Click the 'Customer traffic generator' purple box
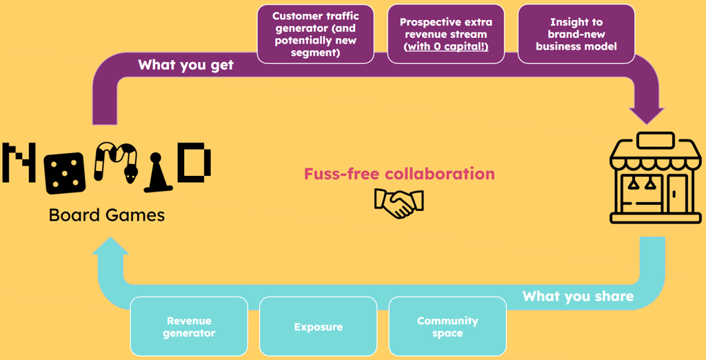point(316,34)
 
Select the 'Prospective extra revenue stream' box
point(445,34)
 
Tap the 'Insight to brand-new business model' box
point(576,34)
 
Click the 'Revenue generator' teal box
point(189,327)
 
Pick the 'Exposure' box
point(318,327)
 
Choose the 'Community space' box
point(447,327)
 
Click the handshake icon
point(399,203)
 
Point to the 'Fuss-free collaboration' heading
point(399,174)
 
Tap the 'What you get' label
point(185,65)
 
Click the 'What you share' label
point(578,297)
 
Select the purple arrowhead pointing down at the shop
point(646,114)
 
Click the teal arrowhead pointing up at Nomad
point(110,248)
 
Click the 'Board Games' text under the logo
point(107,215)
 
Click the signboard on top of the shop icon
point(655,141)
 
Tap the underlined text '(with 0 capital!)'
point(445,46)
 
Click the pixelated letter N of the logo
point(19,163)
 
